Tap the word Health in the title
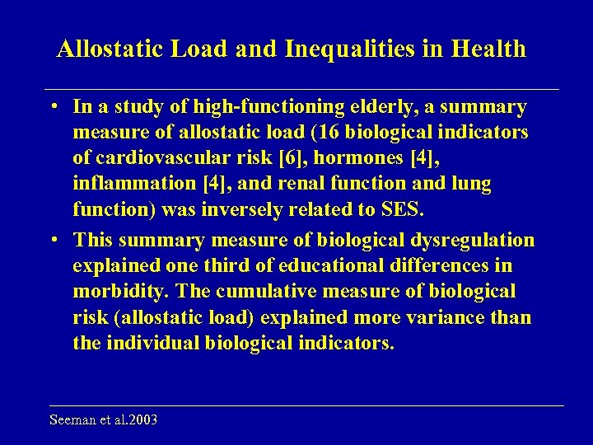pos(488,49)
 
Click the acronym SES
pos(403,209)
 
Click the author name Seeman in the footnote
pos(72,420)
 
